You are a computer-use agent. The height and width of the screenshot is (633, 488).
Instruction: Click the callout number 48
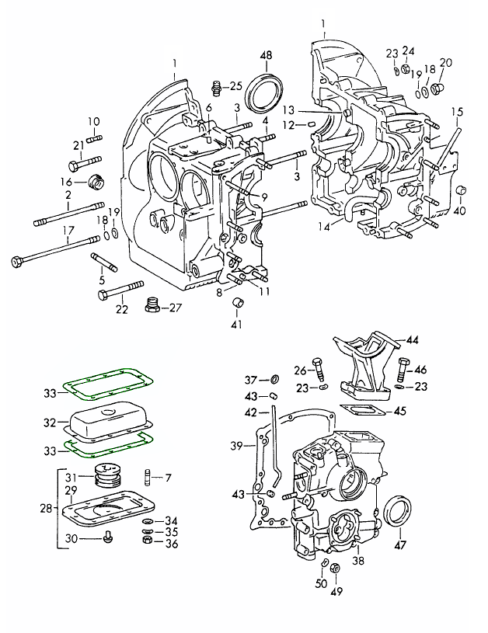pyautogui.click(x=266, y=55)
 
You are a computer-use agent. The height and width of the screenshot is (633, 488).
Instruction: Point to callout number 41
pyautogui.click(x=237, y=324)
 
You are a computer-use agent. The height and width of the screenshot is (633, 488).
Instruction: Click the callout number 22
pyautogui.click(x=122, y=309)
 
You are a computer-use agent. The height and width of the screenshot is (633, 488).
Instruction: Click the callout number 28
pyautogui.click(x=47, y=508)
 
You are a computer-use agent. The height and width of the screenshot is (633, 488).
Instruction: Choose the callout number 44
pyautogui.click(x=412, y=340)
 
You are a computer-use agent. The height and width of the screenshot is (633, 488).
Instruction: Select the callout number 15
pyautogui.click(x=458, y=112)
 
